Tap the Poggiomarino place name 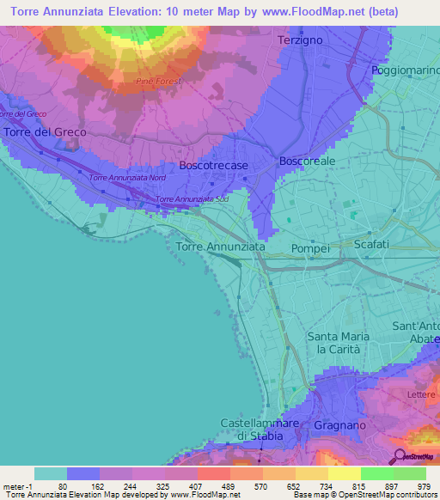click(405, 70)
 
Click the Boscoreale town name click(308, 161)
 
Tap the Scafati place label click(371, 245)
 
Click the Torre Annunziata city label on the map click(221, 247)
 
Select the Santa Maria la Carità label click(339, 343)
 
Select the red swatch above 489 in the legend click(213, 473)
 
